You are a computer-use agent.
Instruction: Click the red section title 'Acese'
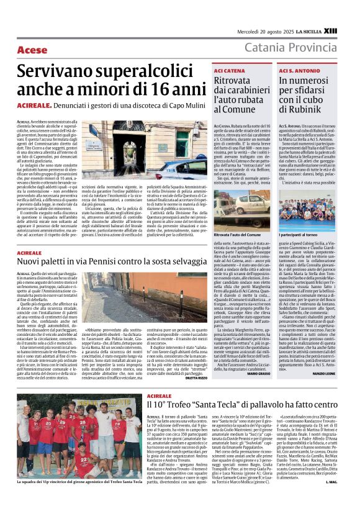[x=32, y=49]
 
